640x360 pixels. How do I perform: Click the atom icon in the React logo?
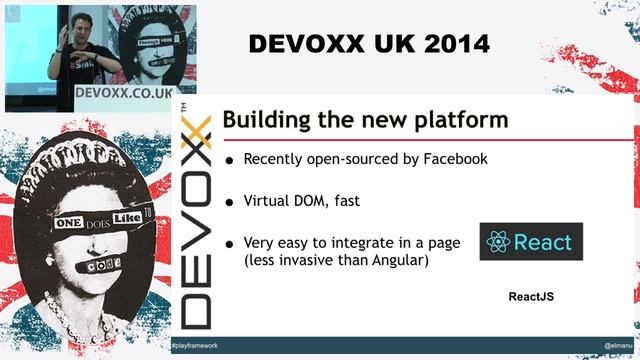[x=498, y=242]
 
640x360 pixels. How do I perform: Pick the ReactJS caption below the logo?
[x=531, y=297]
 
